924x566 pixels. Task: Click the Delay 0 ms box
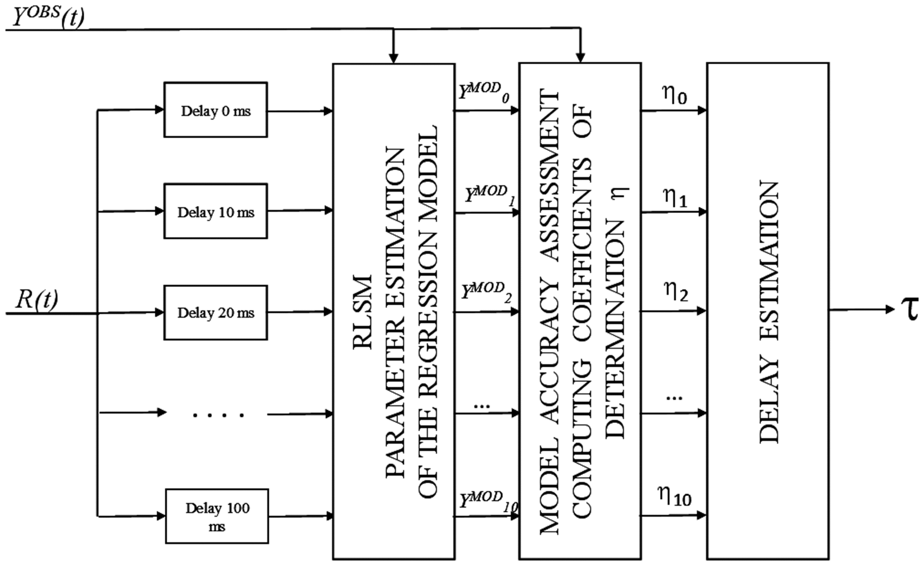(216, 110)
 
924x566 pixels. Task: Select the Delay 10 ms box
(216, 211)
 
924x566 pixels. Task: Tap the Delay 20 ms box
(216, 312)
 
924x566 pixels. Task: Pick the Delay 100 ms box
(217, 516)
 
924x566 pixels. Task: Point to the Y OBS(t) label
(48, 17)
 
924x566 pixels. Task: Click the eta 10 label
(675, 496)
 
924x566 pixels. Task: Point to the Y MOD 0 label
(484, 92)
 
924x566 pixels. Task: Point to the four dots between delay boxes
(218, 415)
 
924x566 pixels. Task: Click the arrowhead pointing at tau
(890, 309)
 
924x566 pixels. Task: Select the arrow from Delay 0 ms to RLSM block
(300, 111)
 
